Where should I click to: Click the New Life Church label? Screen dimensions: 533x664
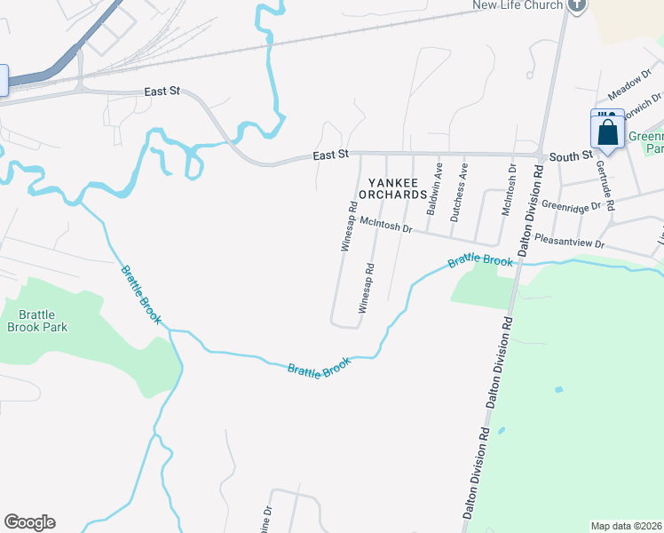click(518, 5)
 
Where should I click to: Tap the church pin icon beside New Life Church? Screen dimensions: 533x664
click(578, 4)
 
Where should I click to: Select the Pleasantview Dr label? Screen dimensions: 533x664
click(570, 242)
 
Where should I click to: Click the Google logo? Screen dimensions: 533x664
click(29, 522)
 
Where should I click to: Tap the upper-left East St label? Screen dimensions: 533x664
click(162, 92)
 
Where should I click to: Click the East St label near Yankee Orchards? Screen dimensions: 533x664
click(330, 155)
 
